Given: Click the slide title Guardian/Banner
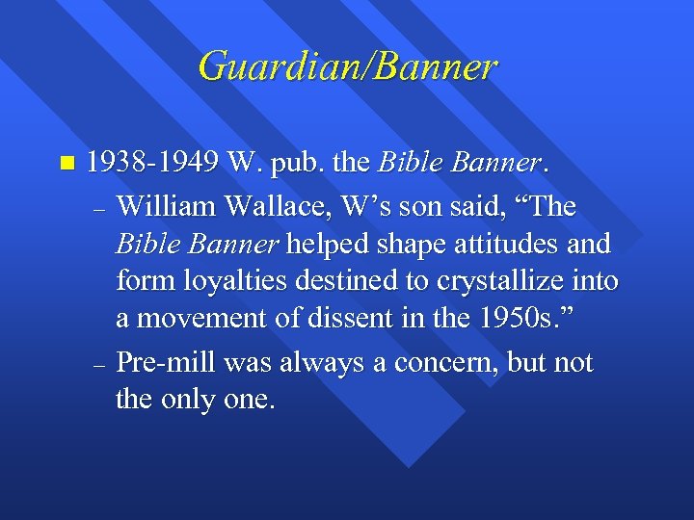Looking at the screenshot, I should (347, 66).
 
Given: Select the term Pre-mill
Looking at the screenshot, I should (166, 363).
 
